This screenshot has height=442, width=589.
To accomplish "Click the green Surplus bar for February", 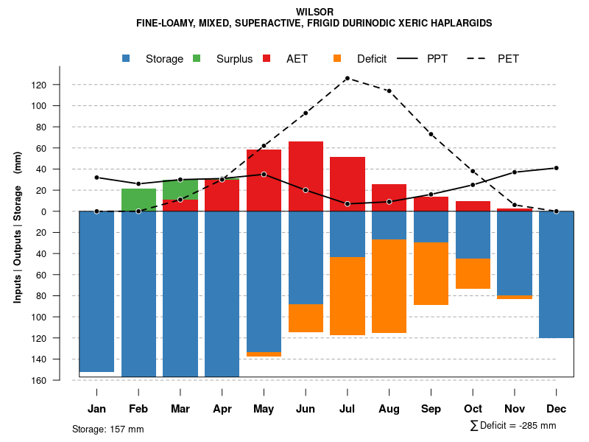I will click(x=138, y=200).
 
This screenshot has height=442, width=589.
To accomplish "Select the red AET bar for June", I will click(x=306, y=176).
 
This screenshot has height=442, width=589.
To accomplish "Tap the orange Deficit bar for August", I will click(x=389, y=286).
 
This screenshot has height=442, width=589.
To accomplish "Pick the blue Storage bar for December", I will click(x=556, y=274).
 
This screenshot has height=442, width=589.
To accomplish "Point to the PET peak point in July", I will click(x=347, y=78).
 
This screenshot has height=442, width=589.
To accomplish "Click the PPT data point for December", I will click(x=557, y=168).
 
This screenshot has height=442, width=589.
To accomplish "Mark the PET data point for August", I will click(x=389, y=91).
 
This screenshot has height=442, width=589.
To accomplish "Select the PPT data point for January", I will click(x=96, y=178).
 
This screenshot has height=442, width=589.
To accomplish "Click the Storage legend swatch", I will click(x=127, y=58).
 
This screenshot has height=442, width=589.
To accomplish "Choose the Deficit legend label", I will click(x=372, y=59).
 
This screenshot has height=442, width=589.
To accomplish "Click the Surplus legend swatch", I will click(x=197, y=58).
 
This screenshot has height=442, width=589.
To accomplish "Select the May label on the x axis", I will click(x=264, y=409).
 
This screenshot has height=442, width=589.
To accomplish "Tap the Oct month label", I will click(x=473, y=409).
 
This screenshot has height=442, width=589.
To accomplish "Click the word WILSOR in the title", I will click(x=314, y=12).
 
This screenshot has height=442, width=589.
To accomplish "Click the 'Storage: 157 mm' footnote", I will click(x=108, y=429).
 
